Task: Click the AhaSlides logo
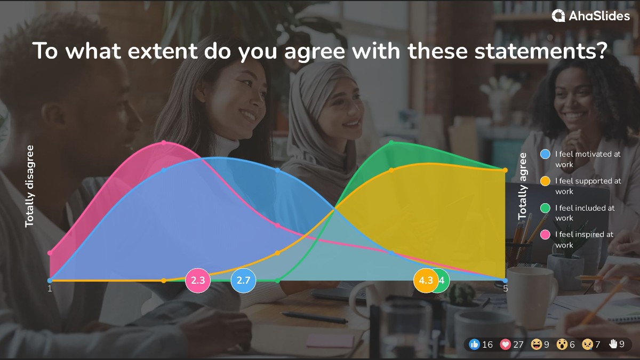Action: point(590,16)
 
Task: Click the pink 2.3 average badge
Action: point(198,281)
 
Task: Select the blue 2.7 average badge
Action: point(243,281)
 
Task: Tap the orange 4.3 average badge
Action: point(426,281)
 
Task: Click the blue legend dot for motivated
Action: point(545,154)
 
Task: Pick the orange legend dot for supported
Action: point(545,181)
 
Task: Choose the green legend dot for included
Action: point(545,208)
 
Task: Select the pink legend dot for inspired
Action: point(545,235)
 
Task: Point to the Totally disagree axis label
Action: point(30,186)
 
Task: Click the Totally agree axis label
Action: point(523,186)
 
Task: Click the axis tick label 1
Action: point(50,289)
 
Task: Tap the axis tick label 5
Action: point(505,289)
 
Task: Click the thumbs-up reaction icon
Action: point(474,345)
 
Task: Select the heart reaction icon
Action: point(505,345)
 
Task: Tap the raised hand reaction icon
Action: point(613,345)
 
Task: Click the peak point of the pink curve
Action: point(164,142)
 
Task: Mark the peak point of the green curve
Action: point(391,142)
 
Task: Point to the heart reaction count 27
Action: point(518,345)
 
